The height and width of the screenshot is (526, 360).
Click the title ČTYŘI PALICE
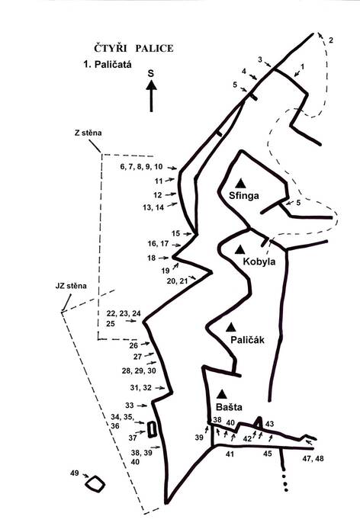tap(133, 48)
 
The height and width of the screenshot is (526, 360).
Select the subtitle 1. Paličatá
tap(108, 64)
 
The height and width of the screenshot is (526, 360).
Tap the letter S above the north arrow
tap(151, 73)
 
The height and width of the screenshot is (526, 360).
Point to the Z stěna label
tap(88, 133)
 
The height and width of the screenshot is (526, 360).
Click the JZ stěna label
tap(71, 286)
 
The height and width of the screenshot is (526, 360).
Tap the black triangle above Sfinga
tap(240, 183)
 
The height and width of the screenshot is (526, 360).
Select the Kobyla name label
tap(259, 261)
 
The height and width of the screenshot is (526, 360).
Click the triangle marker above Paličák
tap(230, 327)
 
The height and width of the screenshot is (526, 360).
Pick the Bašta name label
tap(229, 407)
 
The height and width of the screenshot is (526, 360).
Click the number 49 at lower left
tap(75, 473)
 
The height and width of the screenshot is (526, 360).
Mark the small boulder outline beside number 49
tap(95, 484)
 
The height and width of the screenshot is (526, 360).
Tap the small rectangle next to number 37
tap(152, 429)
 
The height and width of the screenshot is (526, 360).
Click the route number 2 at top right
tap(331, 40)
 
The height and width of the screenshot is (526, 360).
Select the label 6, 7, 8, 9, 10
tap(141, 167)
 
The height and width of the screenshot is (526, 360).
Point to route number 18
tap(151, 258)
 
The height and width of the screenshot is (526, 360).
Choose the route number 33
tap(130, 406)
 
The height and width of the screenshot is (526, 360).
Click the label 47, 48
tap(313, 459)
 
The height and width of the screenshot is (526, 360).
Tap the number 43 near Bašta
tap(269, 424)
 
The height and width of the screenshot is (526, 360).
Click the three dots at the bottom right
tap(285, 483)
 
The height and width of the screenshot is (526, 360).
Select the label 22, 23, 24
tap(124, 313)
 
